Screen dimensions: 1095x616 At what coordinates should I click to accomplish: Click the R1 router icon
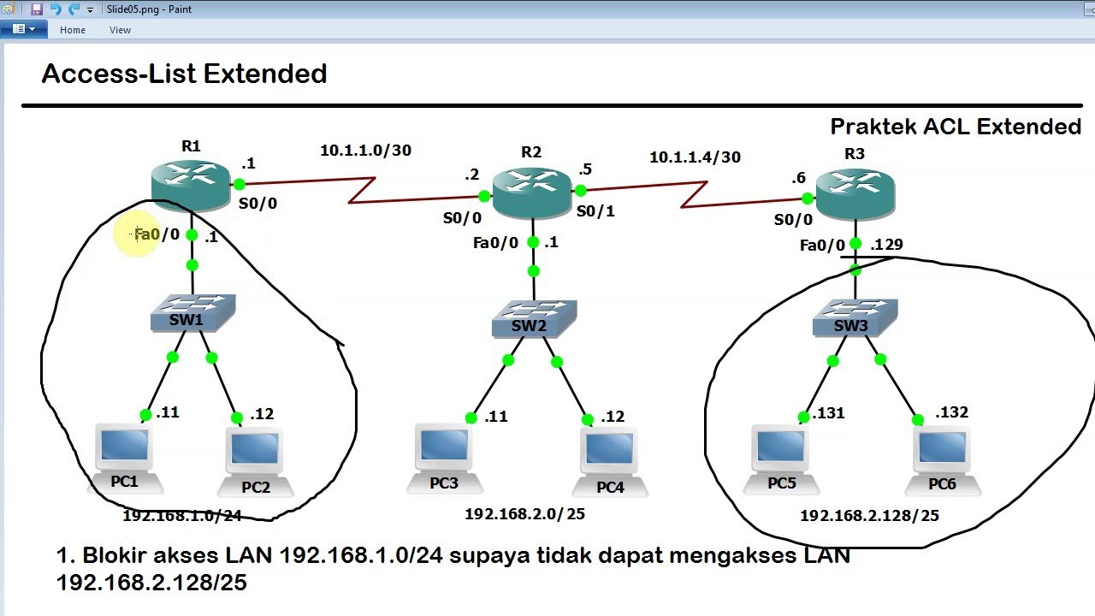pos(191,186)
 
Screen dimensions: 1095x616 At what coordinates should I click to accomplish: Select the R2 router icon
pos(532,192)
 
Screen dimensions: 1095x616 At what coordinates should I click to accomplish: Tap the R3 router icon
pos(855,194)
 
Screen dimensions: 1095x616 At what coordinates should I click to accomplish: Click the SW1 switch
pos(192,313)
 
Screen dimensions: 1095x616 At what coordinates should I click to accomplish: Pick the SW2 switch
pos(534,319)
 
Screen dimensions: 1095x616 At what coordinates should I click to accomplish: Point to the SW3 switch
pos(855,318)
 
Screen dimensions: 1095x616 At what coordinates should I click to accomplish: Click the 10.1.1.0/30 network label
pos(365,150)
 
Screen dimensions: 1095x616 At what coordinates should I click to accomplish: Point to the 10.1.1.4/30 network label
pos(695,157)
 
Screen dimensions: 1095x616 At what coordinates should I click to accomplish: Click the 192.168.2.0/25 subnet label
pos(524,514)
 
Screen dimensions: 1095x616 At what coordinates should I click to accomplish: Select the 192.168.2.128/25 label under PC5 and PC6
pos(869,515)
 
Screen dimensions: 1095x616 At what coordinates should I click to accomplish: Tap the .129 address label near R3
pos(886,244)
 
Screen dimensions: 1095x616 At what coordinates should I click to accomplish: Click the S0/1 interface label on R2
pos(595,211)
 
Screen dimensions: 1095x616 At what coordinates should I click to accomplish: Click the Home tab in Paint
pos(73,30)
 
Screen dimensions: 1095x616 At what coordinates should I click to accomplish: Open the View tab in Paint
pos(120,30)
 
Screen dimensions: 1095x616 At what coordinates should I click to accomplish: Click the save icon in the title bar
pos(37,9)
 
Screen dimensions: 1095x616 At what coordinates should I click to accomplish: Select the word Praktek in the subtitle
pos(873,127)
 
